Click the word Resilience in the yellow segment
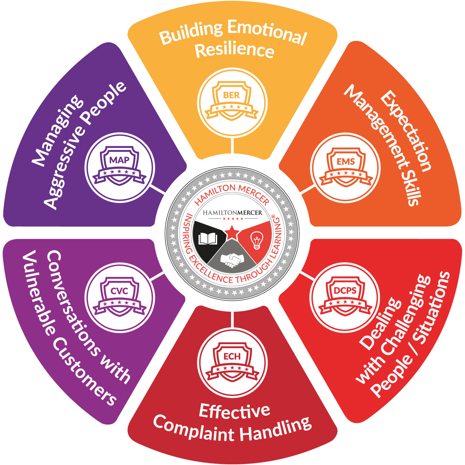click(x=234, y=50)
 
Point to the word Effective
click(x=234, y=411)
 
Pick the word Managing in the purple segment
click(x=57, y=131)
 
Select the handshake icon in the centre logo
click(x=232, y=260)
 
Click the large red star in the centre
click(x=232, y=232)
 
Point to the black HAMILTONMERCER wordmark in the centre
click(x=232, y=213)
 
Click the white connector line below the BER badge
click(x=232, y=146)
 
